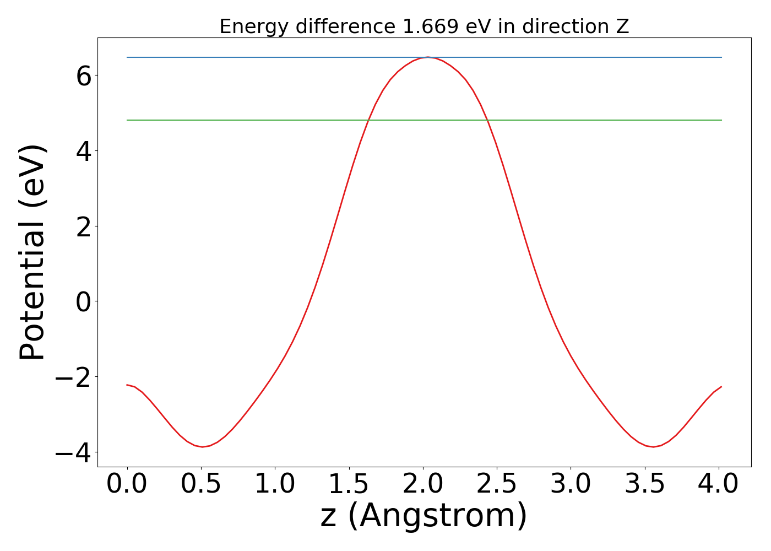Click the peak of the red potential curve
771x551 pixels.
pyautogui.click(x=427, y=57)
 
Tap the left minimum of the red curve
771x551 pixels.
pyautogui.click(x=202, y=447)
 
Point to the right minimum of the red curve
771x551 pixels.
pyautogui.click(x=653, y=447)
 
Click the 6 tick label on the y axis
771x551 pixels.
pyautogui.click(x=84, y=76)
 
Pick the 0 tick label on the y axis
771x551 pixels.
pyautogui.click(x=84, y=302)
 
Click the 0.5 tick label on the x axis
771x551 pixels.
pyautogui.click(x=202, y=484)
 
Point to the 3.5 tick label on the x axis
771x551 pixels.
pyautogui.click(x=645, y=484)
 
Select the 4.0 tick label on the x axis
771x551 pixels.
pyautogui.click(x=718, y=484)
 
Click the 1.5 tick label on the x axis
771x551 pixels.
pyautogui.click(x=349, y=484)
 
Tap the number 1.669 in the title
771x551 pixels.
pyautogui.click(x=431, y=26)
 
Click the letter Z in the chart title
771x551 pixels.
pyautogui.click(x=622, y=26)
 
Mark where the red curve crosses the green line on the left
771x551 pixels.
pyautogui.click(x=367, y=120)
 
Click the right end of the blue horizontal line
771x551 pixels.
pyautogui.click(x=721, y=57)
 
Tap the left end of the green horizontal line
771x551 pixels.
pyautogui.click(x=127, y=120)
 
